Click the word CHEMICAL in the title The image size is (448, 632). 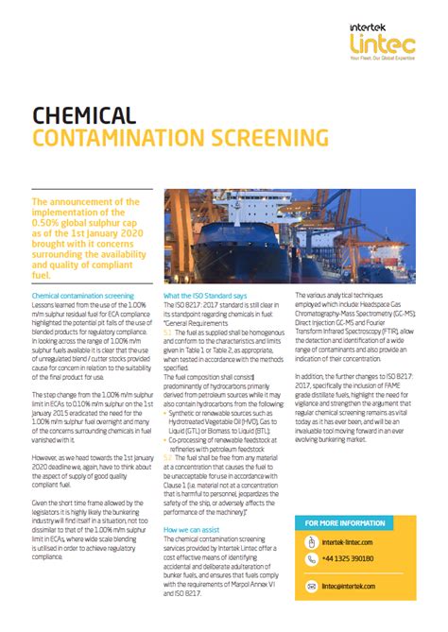83,115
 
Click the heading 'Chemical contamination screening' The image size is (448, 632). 83,297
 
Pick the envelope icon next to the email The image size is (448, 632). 312,587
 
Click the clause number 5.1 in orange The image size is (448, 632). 168,333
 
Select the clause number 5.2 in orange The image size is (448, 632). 168,457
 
